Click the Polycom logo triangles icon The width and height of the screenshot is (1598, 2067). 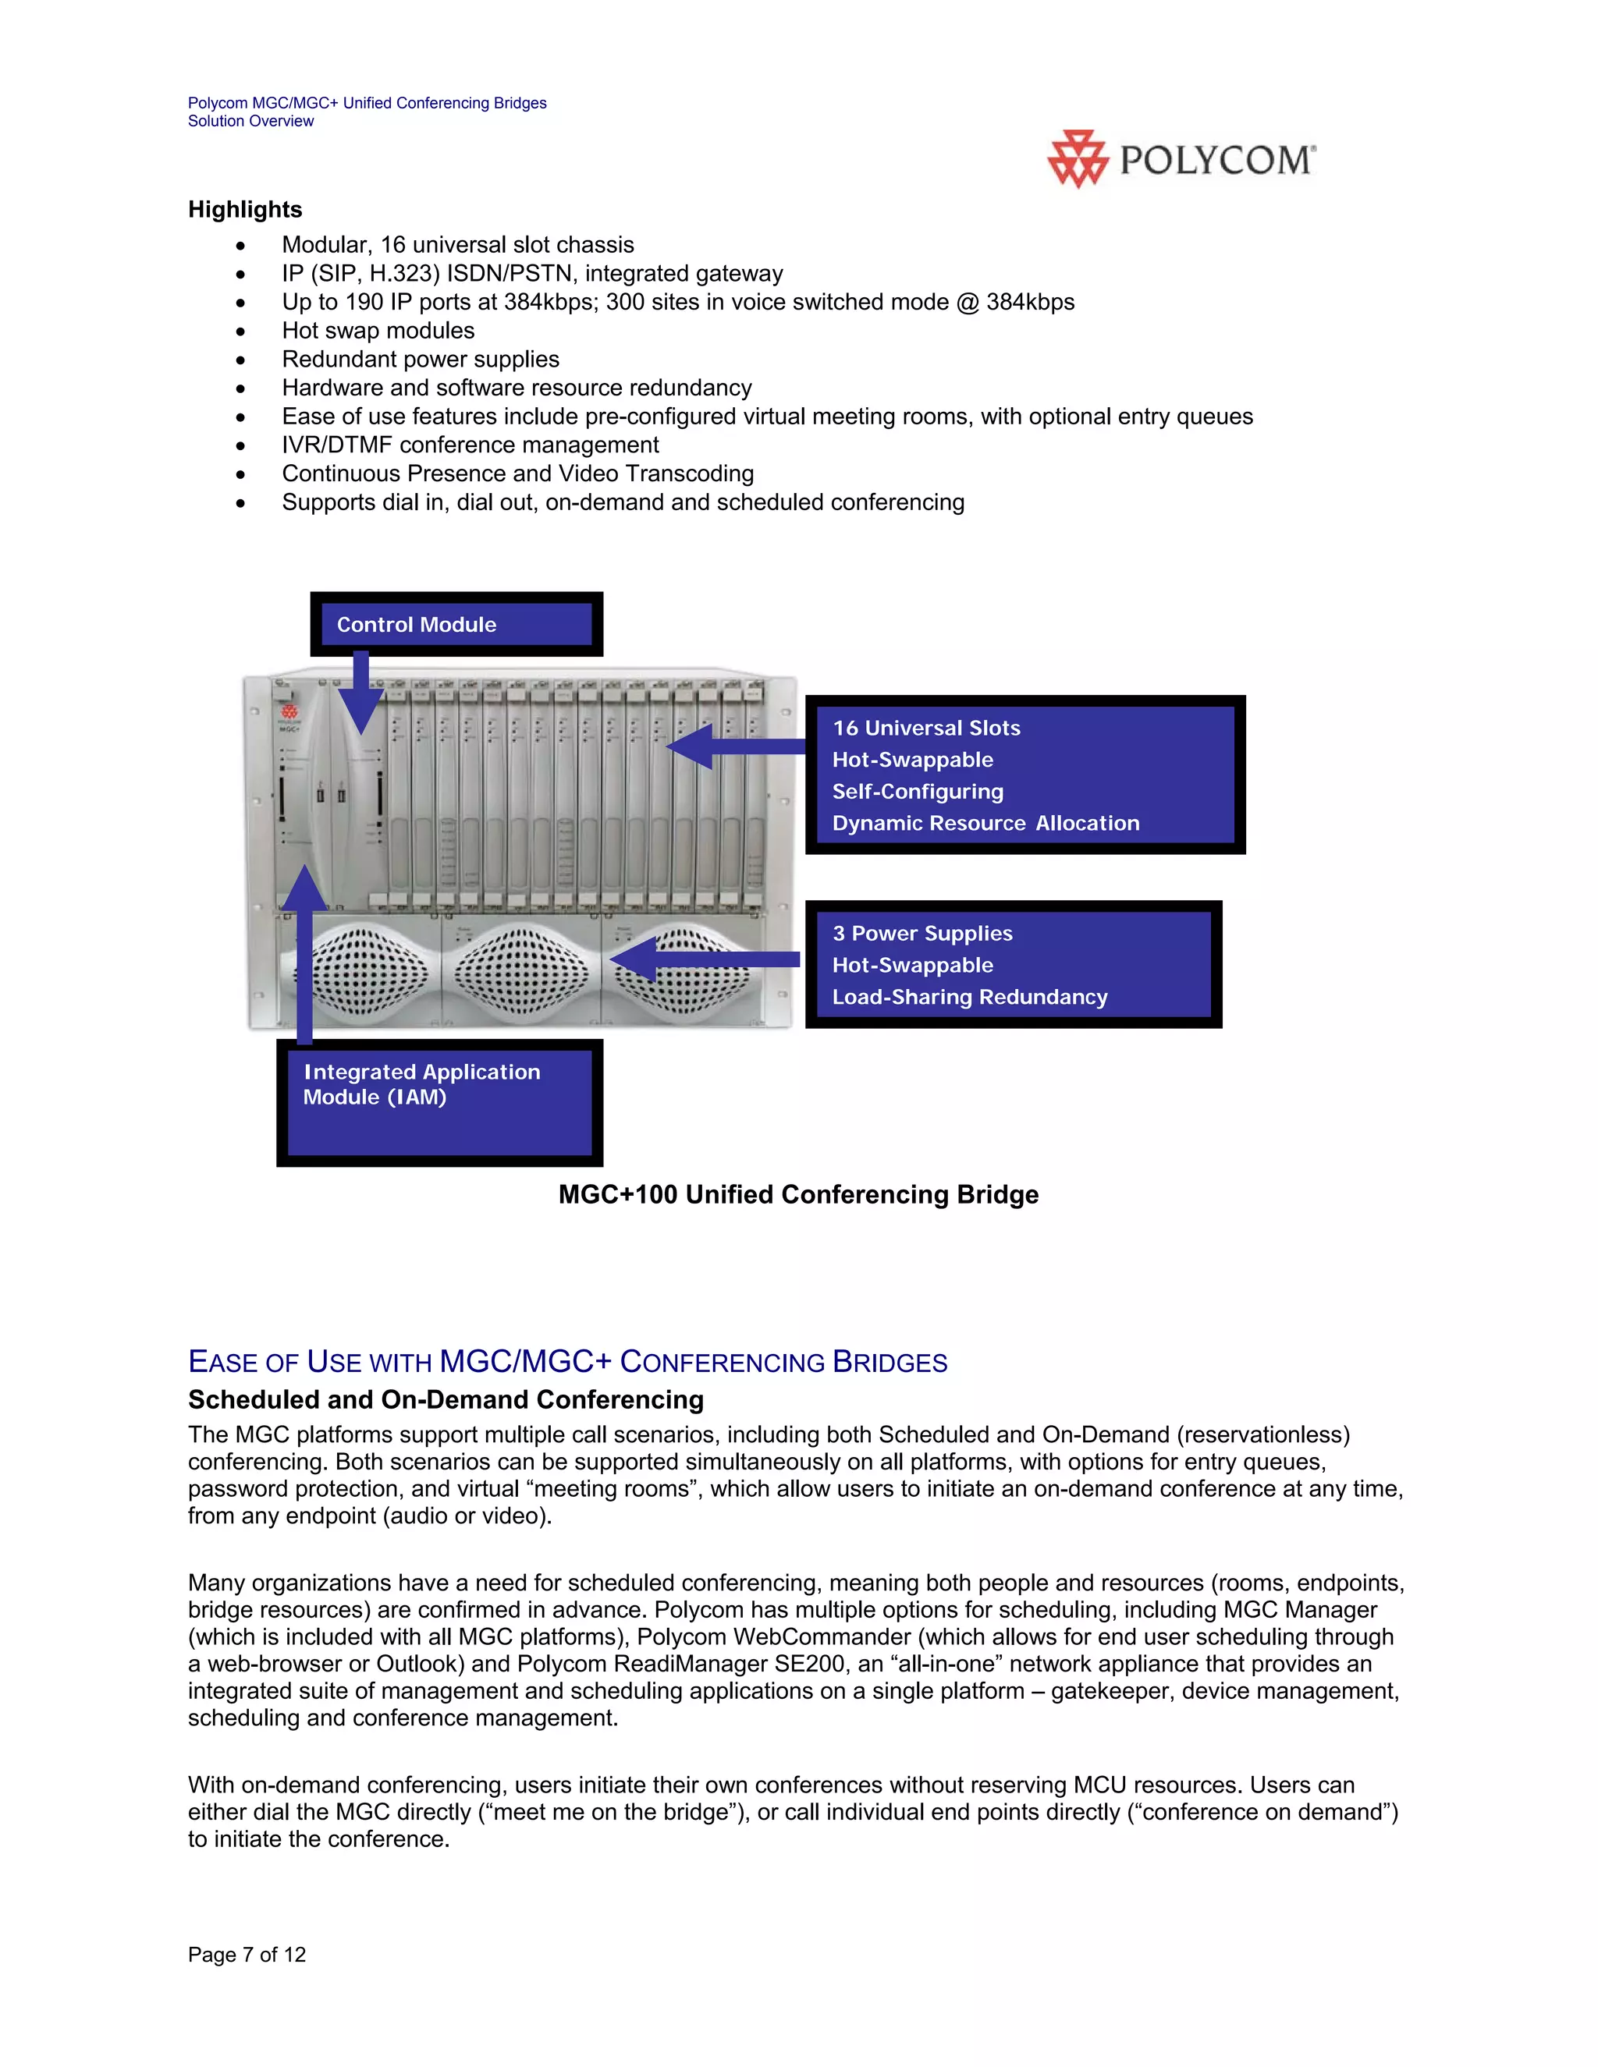1078,159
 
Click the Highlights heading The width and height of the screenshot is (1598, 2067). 245,209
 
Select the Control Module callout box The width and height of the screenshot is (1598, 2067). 456,625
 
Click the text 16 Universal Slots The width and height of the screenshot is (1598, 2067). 926,728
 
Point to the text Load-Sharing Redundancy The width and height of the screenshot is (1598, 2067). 969,997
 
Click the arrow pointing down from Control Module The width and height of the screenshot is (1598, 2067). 360,695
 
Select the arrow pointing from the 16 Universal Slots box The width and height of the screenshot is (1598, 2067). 733,746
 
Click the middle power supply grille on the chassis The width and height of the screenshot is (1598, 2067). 522,971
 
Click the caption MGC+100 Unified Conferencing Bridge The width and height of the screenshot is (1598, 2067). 798,1194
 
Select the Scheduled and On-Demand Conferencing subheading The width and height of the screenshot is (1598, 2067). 446,1400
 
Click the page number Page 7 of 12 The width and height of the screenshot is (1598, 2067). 247,1955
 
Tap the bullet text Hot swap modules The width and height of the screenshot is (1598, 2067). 378,330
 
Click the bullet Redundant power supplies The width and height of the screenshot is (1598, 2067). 421,359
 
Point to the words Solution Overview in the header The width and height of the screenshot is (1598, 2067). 251,121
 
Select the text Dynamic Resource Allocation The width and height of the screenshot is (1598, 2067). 985,824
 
